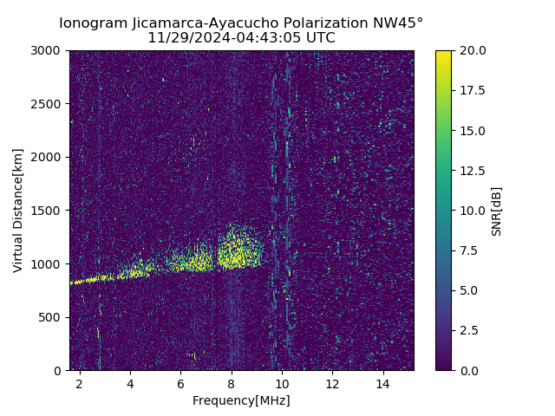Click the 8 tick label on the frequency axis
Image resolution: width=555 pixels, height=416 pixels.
(x=231, y=383)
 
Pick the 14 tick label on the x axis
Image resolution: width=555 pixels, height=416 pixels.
(x=382, y=383)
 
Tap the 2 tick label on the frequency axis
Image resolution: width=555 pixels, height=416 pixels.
(x=80, y=383)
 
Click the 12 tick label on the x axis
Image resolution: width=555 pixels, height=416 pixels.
(x=332, y=383)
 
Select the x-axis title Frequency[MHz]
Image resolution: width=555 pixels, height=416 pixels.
(x=241, y=400)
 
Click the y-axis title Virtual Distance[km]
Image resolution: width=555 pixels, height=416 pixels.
(x=18, y=210)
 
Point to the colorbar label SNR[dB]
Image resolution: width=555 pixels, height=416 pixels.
(x=497, y=211)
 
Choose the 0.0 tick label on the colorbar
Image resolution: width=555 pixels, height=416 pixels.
(x=468, y=370)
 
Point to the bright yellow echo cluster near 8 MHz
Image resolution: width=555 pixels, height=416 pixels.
(x=232, y=252)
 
